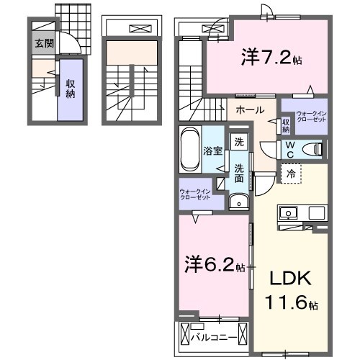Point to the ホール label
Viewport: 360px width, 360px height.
tap(250, 110)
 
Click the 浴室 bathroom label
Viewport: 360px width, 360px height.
tap(212, 151)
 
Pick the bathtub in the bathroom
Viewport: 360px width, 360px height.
tap(190, 150)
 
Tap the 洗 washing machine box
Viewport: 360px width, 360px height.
tap(238, 143)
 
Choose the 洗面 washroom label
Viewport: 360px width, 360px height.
tap(238, 173)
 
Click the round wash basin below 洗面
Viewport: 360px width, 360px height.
tap(235, 203)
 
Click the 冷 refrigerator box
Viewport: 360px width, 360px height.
tap(289, 173)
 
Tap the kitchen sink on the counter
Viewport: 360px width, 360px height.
tap(289, 214)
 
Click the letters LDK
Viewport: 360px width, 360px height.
tap(287, 279)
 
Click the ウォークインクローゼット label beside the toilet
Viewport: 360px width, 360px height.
tap(311, 117)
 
